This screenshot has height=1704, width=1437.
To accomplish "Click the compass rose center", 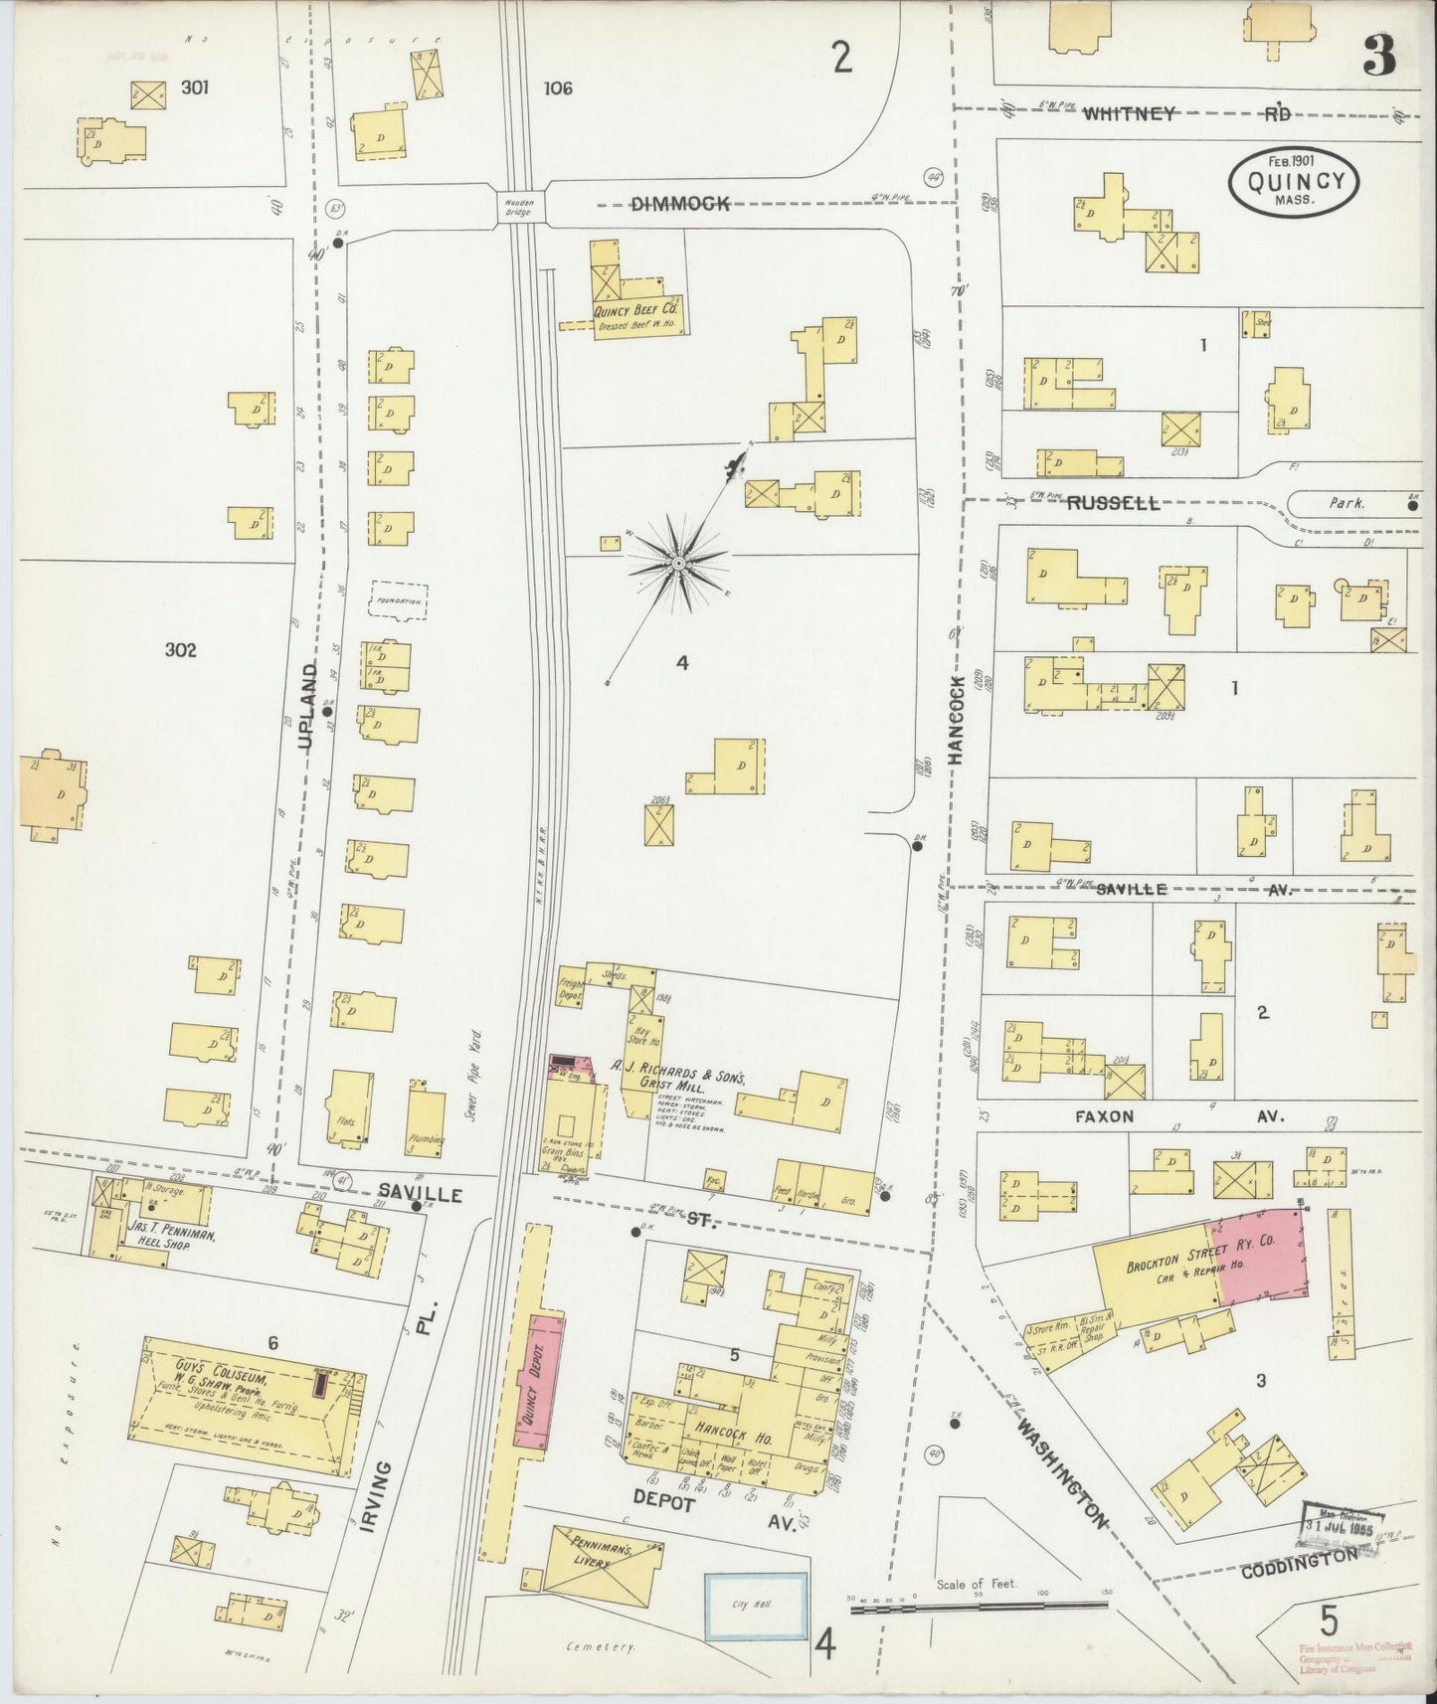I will point(678,564).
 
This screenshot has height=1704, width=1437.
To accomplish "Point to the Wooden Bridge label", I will point(521,207).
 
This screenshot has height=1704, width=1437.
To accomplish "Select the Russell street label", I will point(1113,503).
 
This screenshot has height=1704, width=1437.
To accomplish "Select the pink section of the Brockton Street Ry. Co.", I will point(1260,1256).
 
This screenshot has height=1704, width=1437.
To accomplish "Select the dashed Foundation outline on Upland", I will point(399,601).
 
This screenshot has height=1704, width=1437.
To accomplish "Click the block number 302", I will point(181,650).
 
